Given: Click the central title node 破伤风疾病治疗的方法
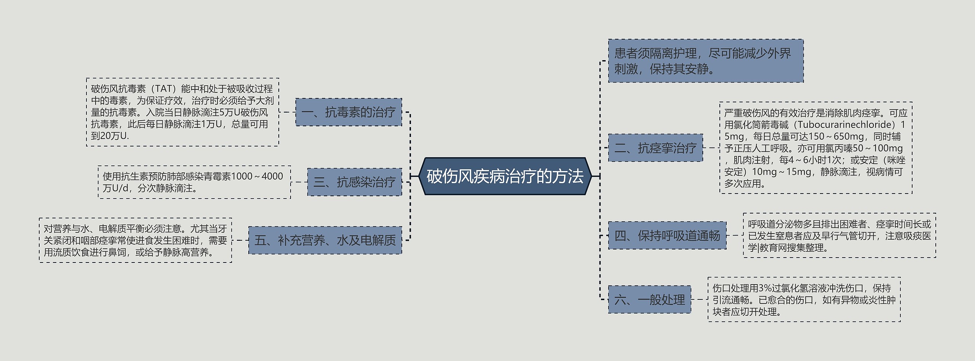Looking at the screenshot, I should click(x=505, y=177).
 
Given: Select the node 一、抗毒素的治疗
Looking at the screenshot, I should click(x=348, y=112).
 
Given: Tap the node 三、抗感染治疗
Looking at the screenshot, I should click(x=354, y=182).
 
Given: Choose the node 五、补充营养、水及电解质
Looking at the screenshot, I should click(x=325, y=240).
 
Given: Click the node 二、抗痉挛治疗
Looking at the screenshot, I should click(x=655, y=148).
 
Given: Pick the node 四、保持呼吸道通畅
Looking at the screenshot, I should click(x=667, y=236).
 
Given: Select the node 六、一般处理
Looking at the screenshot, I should click(x=649, y=300).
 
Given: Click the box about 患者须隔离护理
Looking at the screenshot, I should click(x=705, y=61).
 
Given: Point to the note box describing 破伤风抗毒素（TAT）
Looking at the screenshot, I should click(x=182, y=112).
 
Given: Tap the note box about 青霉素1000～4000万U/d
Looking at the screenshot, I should click(x=194, y=182).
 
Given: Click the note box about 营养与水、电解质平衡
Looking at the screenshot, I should click(x=135, y=240).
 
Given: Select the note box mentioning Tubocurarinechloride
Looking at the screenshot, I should click(x=815, y=148).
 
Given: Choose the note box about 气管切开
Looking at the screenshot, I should click(x=839, y=236).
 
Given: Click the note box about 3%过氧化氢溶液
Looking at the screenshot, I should click(x=804, y=300).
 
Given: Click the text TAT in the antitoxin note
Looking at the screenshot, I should click(x=164, y=89).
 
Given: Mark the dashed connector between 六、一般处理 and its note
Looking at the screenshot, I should click(x=699, y=300).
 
